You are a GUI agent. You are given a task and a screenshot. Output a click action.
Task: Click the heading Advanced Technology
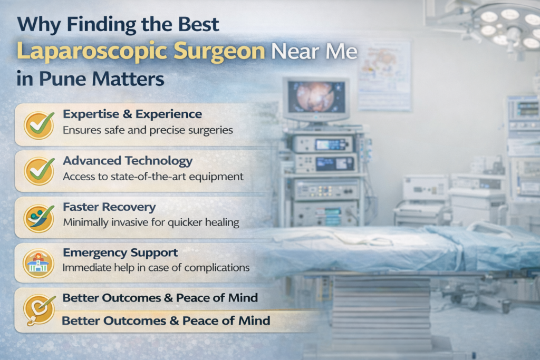pos(128,161)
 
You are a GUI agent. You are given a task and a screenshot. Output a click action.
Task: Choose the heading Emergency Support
pos(120,253)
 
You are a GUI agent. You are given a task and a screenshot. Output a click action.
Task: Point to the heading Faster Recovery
pos(109,207)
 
